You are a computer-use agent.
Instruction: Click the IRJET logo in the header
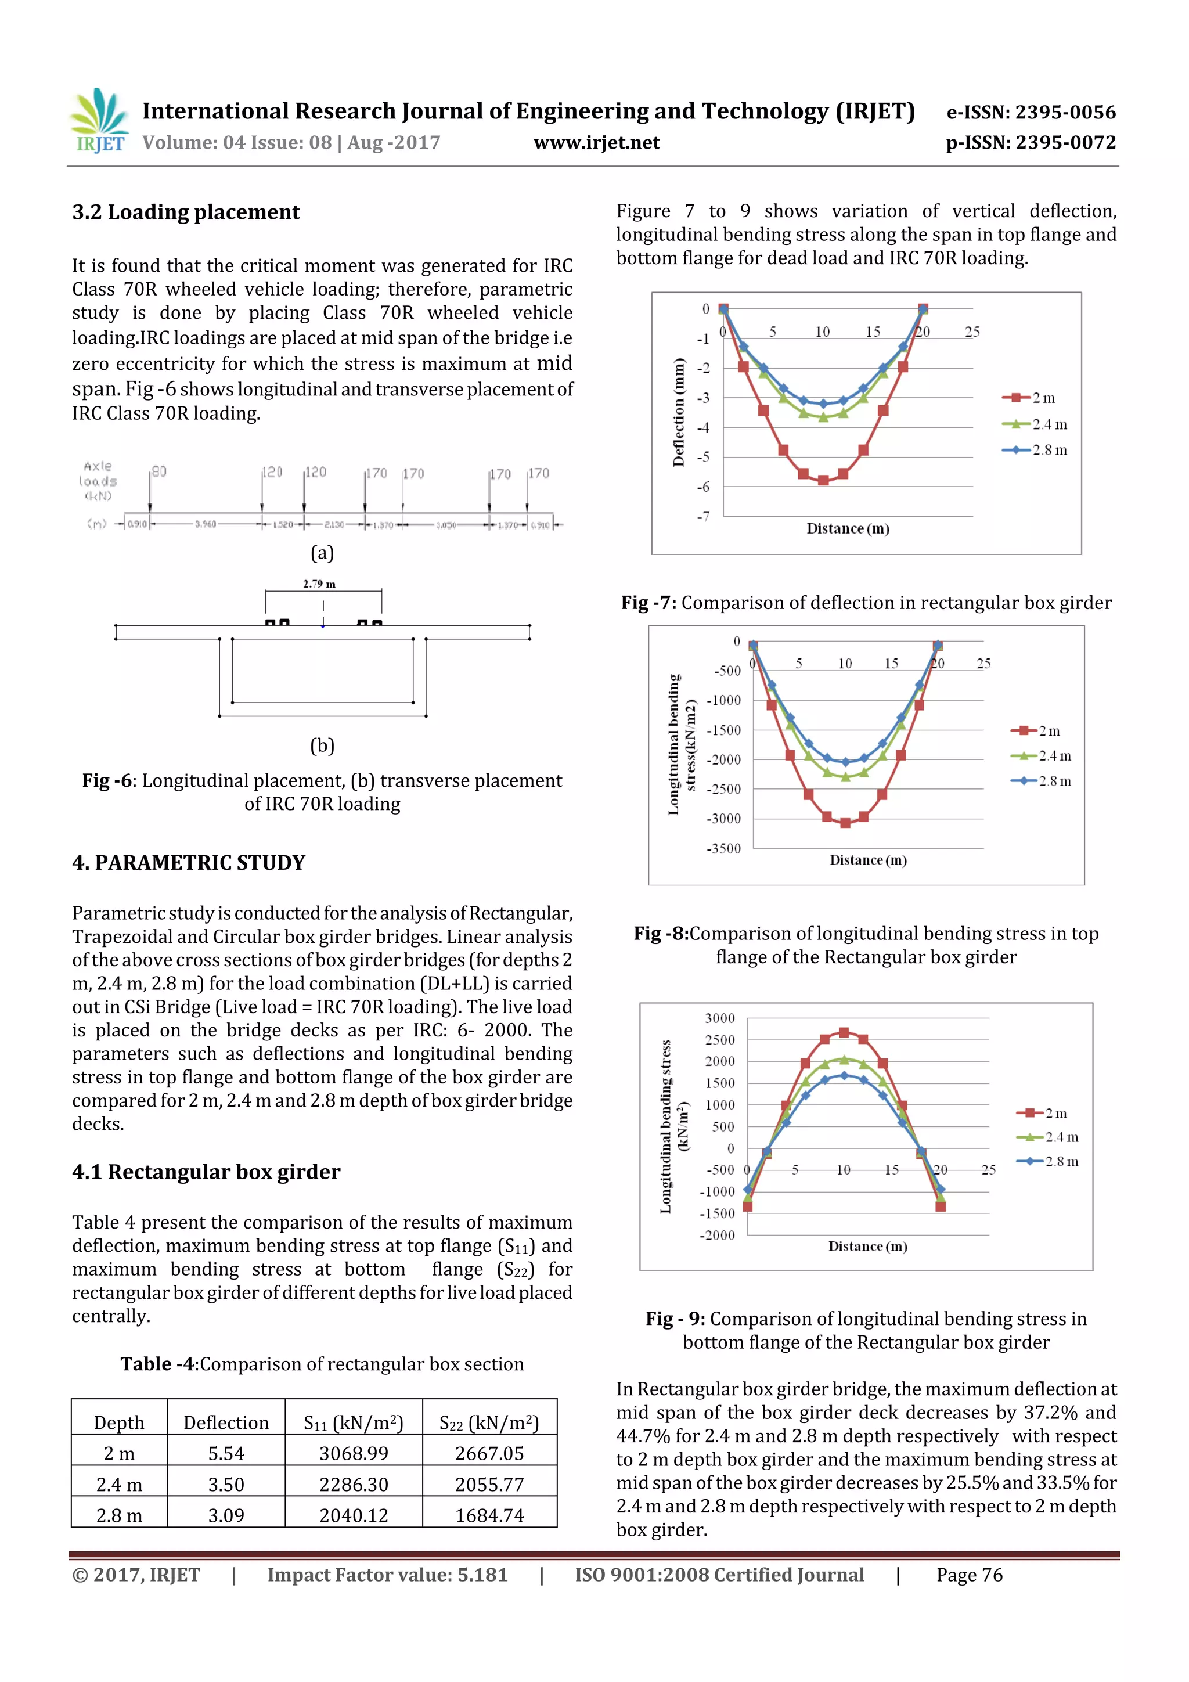(x=99, y=121)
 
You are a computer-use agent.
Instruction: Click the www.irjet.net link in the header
(x=596, y=143)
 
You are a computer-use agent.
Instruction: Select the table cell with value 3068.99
(x=353, y=1453)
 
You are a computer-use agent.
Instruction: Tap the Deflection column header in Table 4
(x=226, y=1422)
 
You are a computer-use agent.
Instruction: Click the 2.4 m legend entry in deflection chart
(x=1035, y=424)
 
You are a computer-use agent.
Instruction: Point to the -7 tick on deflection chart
(x=702, y=517)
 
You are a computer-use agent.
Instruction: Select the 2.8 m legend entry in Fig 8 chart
(x=1041, y=781)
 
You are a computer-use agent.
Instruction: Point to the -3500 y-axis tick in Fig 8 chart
(x=724, y=848)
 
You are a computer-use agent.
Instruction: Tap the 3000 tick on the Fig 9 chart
(x=719, y=1018)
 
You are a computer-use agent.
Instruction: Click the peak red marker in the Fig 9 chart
(x=844, y=1032)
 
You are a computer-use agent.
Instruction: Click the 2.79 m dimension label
(x=319, y=584)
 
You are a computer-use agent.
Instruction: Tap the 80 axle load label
(x=159, y=472)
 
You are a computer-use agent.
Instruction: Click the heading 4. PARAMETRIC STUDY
(x=189, y=862)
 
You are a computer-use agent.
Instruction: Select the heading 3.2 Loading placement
(x=186, y=212)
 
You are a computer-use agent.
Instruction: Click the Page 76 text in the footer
(x=968, y=1575)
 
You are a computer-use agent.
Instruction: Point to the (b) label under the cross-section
(x=322, y=745)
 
